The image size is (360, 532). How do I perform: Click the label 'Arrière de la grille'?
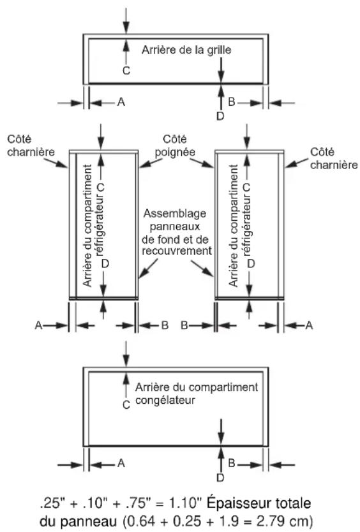(186, 50)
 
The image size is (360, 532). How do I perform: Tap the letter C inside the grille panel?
(126, 71)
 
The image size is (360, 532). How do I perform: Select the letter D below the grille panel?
(220, 116)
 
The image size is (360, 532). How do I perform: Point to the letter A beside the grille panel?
(121, 101)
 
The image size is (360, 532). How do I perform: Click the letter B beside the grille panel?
(232, 101)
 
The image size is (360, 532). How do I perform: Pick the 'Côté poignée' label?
(175, 145)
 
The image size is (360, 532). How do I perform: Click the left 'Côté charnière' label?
(31, 145)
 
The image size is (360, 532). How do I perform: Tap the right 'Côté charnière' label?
(334, 158)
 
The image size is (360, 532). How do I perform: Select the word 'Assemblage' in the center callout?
(174, 214)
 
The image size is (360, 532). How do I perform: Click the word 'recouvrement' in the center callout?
(177, 251)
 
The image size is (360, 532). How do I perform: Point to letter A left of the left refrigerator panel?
(39, 325)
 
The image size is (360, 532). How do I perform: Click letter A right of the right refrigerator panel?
(309, 325)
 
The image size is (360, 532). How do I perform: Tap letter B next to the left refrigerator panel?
(165, 325)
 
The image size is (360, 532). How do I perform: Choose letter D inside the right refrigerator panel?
(251, 263)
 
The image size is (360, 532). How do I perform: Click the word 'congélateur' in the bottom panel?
(165, 400)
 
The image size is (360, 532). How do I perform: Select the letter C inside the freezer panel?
(126, 405)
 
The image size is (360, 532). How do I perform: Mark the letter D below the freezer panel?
(220, 478)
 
